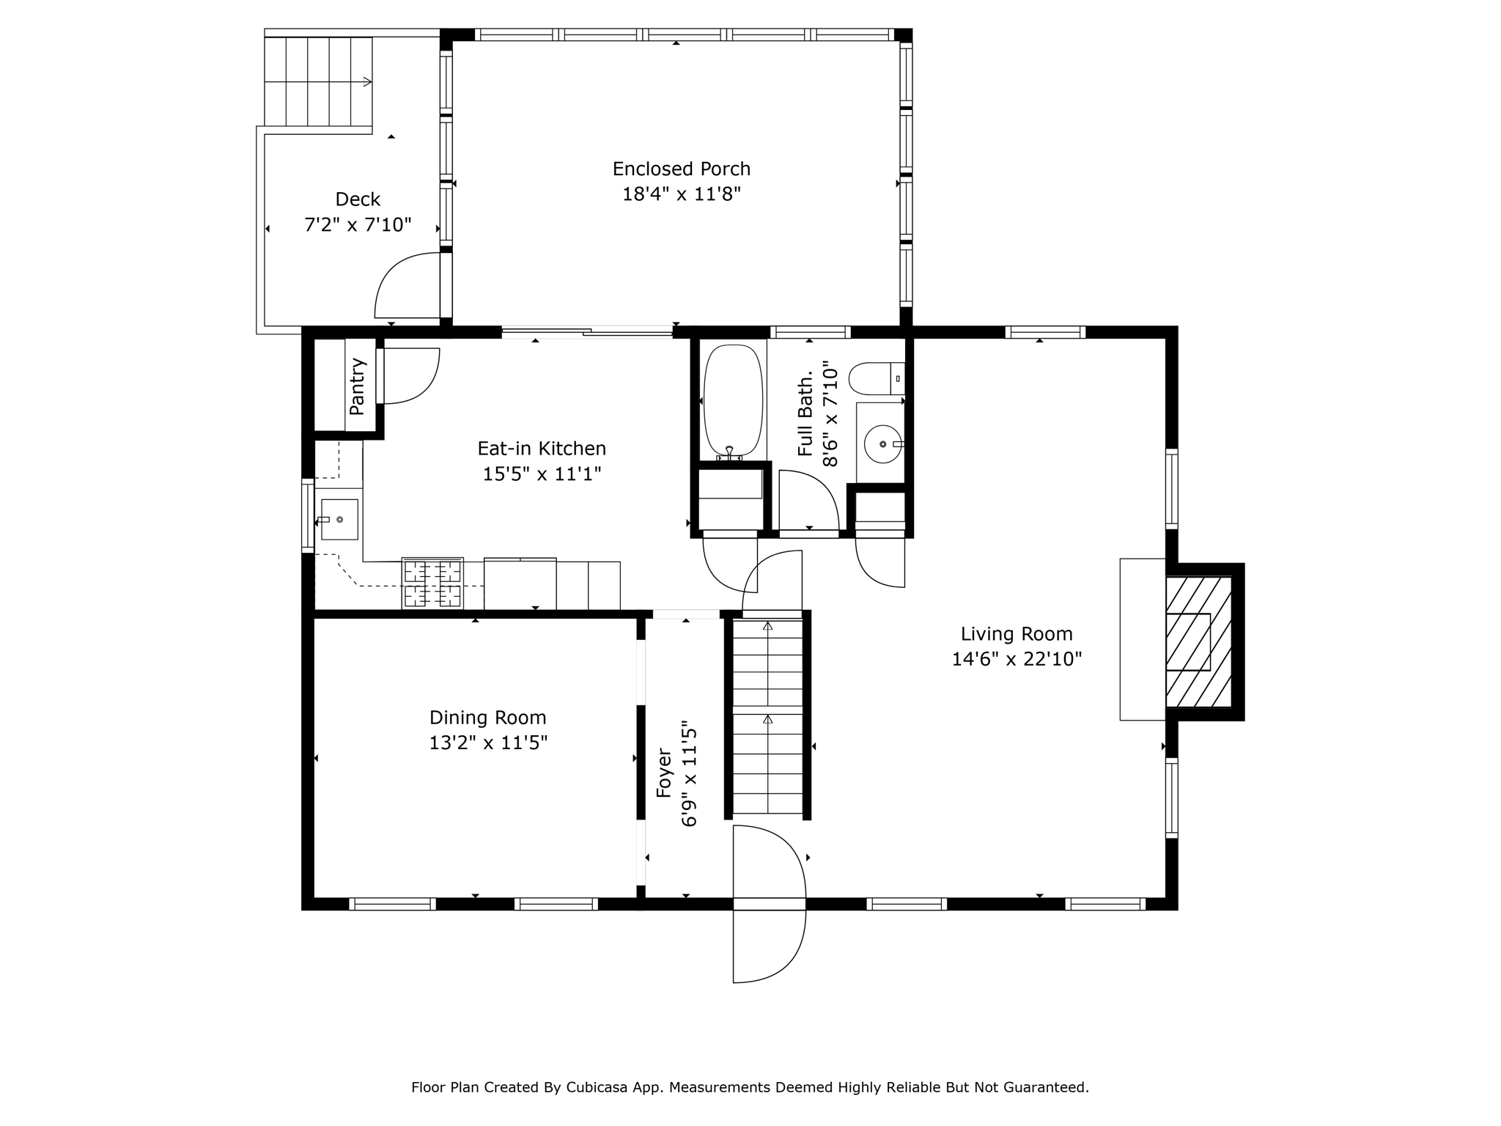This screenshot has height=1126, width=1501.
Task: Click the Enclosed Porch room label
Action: (x=682, y=169)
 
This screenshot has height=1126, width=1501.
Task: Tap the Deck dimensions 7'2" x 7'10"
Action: (x=358, y=224)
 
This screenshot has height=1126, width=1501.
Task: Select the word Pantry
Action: (x=357, y=386)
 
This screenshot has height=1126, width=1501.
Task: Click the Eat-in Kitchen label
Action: (x=542, y=449)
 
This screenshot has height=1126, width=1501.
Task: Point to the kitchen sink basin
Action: (x=339, y=519)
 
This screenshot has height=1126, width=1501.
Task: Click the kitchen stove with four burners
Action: (x=432, y=584)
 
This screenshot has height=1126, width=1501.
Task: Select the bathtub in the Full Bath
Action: (x=733, y=400)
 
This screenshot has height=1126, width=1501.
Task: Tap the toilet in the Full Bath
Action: (x=877, y=378)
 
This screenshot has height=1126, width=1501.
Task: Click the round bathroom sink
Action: (x=882, y=444)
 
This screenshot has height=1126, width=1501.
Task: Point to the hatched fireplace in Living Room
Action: (x=1199, y=641)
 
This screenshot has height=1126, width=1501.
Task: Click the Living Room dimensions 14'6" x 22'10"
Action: (x=1017, y=660)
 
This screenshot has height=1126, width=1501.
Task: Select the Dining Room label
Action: (x=488, y=718)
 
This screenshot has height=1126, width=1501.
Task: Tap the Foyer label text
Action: (x=664, y=773)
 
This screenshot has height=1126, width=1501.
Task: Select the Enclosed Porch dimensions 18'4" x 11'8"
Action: (x=682, y=195)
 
